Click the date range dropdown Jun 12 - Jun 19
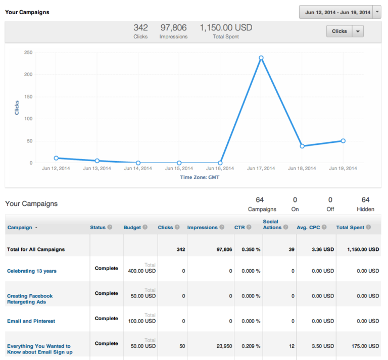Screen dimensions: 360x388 339,12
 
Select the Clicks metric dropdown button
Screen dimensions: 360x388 345,31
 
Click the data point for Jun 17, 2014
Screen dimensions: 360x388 261,58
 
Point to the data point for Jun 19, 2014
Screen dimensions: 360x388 343,141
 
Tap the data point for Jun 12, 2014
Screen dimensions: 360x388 56,158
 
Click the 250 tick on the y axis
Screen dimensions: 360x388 28,53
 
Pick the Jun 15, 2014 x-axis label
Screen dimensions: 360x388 179,169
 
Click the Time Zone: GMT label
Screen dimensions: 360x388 200,178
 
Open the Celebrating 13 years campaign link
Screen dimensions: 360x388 32,271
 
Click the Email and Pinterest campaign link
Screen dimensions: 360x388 31,321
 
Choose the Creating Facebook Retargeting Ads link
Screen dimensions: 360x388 30,299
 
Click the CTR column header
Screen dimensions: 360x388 239,228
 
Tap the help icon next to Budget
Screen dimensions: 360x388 145,228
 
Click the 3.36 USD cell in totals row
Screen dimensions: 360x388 322,249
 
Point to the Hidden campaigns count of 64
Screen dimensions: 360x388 365,200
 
